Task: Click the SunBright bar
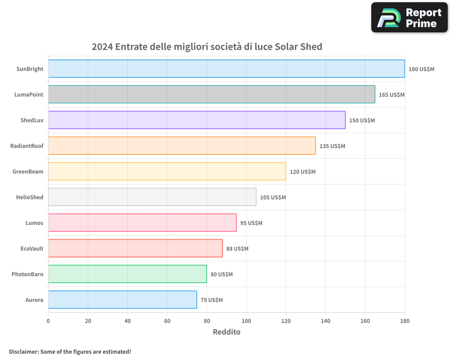point(226,69)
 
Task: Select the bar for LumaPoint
point(211,94)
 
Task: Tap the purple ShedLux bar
point(197,120)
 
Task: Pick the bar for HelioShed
point(152,197)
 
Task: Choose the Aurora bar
point(122,300)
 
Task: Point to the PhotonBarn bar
point(127,274)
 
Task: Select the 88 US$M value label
point(237,249)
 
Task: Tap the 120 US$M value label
point(302,172)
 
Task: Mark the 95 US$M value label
point(251,223)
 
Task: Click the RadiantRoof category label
point(27,146)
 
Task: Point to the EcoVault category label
point(32,249)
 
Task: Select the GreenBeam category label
point(28,172)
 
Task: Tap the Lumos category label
point(35,223)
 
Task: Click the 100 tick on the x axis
point(246,321)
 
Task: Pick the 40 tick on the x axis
point(127,321)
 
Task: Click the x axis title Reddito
point(226,332)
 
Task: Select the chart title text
point(207,47)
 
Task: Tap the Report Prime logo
point(409,18)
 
